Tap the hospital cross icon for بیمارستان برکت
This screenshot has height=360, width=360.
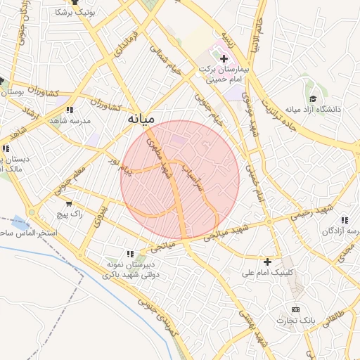[224, 58]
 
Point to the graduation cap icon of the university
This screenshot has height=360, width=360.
[313, 99]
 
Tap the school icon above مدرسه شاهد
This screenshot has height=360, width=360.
[70, 110]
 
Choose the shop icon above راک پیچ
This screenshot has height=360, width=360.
[67, 203]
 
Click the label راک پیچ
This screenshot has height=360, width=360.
[72, 213]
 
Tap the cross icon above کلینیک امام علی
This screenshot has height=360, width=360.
[267, 262]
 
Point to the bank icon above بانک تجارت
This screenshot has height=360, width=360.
[295, 309]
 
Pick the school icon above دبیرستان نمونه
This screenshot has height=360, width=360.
[129, 253]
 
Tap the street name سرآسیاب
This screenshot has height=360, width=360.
[191, 179]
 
